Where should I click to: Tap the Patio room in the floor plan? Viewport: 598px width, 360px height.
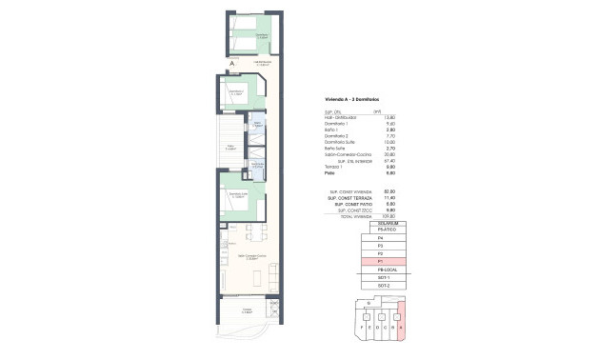pyautogui.click(x=230, y=148)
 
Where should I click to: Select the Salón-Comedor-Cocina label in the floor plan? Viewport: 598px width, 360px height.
pyautogui.click(x=248, y=258)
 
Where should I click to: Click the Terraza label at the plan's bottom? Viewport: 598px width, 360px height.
pyautogui.click(x=245, y=310)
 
